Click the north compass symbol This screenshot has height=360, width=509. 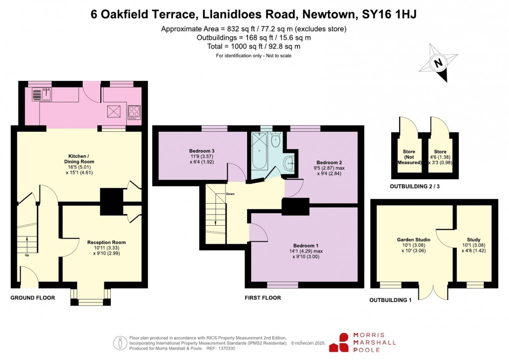point(439,63)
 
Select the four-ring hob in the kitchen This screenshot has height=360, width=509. point(134,111)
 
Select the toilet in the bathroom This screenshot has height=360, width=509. point(275,140)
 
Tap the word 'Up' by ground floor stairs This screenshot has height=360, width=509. point(20,255)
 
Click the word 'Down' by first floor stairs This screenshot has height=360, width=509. point(230,194)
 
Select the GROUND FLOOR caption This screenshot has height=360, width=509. point(32,298)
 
